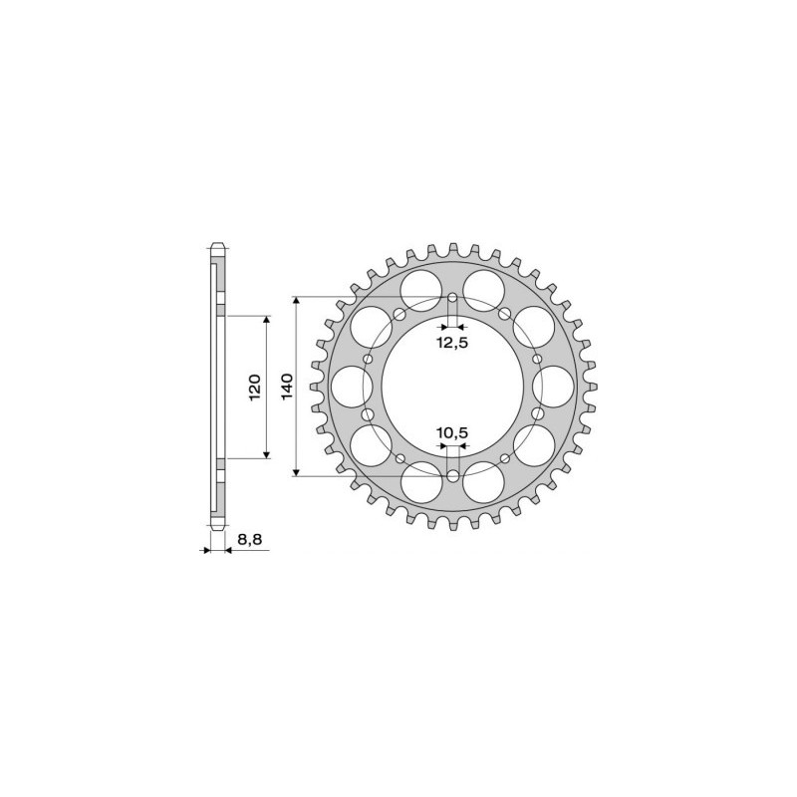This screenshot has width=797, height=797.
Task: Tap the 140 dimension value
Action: point(287,386)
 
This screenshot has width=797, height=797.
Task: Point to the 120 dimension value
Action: point(255,386)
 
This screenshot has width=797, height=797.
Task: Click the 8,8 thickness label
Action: point(247,539)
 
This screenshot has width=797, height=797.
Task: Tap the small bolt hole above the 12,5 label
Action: point(452,298)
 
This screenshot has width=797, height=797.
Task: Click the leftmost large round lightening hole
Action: point(350,387)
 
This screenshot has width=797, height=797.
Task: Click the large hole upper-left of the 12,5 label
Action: point(420,289)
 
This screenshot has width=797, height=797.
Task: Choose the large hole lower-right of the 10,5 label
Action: point(484,484)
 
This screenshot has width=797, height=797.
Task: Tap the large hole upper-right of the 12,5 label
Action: point(484,289)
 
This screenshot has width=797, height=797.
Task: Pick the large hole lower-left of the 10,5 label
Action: point(420,484)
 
